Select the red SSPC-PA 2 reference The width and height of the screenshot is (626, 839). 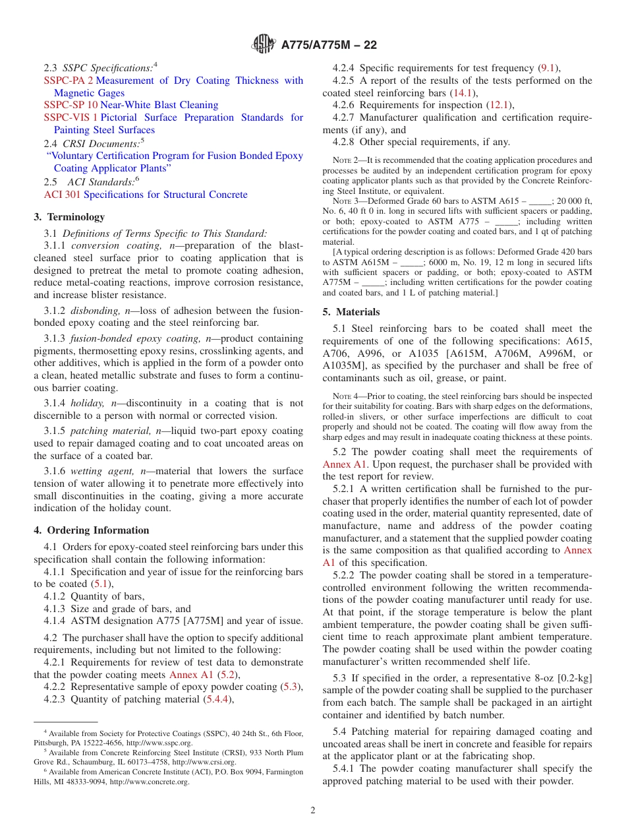click(x=69, y=80)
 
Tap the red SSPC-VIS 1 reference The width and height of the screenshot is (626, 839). click(x=71, y=117)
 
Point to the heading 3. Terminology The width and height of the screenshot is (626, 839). click(x=69, y=217)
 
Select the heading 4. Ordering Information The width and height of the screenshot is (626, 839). click(x=92, y=530)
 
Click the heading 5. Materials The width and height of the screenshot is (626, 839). click(x=351, y=312)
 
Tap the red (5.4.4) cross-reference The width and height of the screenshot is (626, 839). click(x=220, y=699)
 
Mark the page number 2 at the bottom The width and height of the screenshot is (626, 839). click(x=313, y=811)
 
